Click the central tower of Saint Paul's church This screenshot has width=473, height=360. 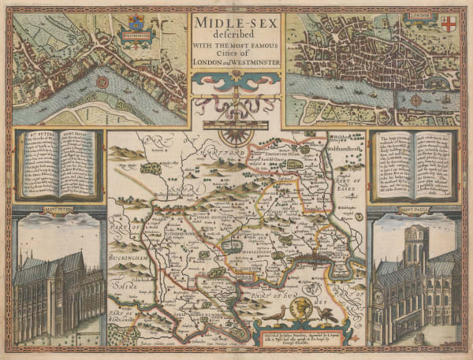click(x=413, y=244)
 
